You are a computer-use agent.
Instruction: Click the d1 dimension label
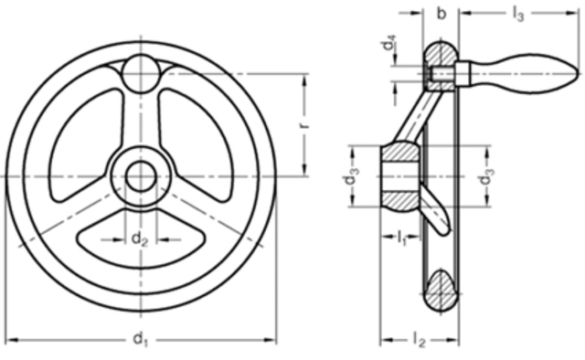pyautogui.click(x=140, y=340)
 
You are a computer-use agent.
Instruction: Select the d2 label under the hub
pyautogui.click(x=140, y=238)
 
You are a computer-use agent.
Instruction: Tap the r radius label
pyautogui.click(x=304, y=124)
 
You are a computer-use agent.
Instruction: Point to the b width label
pyautogui.click(x=441, y=14)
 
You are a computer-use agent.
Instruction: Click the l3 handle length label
pyautogui.click(x=518, y=15)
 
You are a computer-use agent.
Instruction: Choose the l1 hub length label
pyautogui.click(x=401, y=238)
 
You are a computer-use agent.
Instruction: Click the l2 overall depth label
pyautogui.click(x=419, y=340)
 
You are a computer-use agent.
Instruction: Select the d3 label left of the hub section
pyautogui.click(x=351, y=175)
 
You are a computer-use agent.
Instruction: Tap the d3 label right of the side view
pyautogui.click(x=486, y=176)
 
